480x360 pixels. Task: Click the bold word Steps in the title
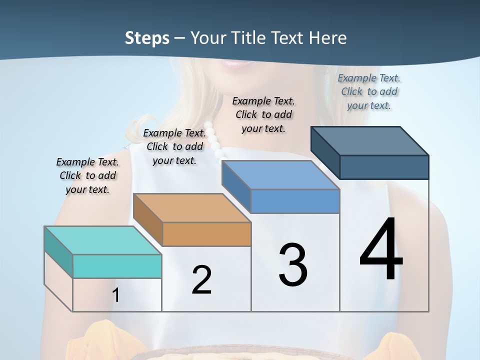tap(147, 38)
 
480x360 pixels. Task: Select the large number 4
tap(381, 250)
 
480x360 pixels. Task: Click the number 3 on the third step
tap(293, 265)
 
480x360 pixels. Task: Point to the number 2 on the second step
tap(201, 280)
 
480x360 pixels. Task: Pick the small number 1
tap(115, 295)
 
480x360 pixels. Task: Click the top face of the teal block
tap(102, 240)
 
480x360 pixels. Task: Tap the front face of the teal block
tap(117, 266)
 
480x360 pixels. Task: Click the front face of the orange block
tap(206, 234)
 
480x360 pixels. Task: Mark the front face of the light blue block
tap(295, 201)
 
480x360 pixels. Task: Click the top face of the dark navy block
tap(370, 141)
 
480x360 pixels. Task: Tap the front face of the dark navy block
tap(384, 167)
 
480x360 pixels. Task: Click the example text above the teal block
tap(87, 175)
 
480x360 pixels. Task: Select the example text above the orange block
tap(174, 146)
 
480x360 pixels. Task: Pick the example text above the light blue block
tap(263, 114)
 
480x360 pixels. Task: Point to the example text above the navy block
tap(369, 91)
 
